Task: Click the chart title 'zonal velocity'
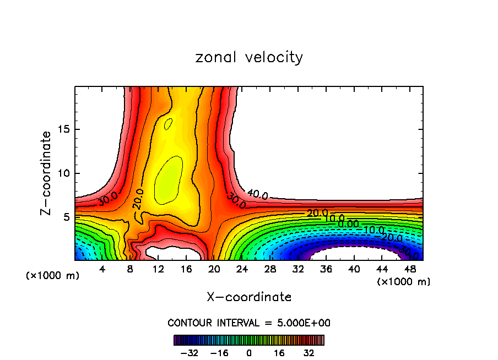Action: [x=249, y=57]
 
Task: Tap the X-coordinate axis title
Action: [x=249, y=297]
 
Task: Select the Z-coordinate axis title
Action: [x=46, y=173]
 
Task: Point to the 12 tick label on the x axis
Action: [x=158, y=269]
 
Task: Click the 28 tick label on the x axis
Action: [x=270, y=269]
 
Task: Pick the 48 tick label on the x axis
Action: [x=409, y=269]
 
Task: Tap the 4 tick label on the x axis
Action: [x=102, y=269]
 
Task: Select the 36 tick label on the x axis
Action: [x=326, y=269]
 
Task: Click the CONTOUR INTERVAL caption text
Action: [x=249, y=323]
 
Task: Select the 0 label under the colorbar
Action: [x=249, y=352]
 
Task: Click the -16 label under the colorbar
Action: [x=219, y=352]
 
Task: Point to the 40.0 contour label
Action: [x=257, y=194]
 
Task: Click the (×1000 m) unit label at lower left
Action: [x=53, y=276]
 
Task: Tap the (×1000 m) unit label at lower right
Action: [x=404, y=282]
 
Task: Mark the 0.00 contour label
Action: [x=348, y=223]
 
